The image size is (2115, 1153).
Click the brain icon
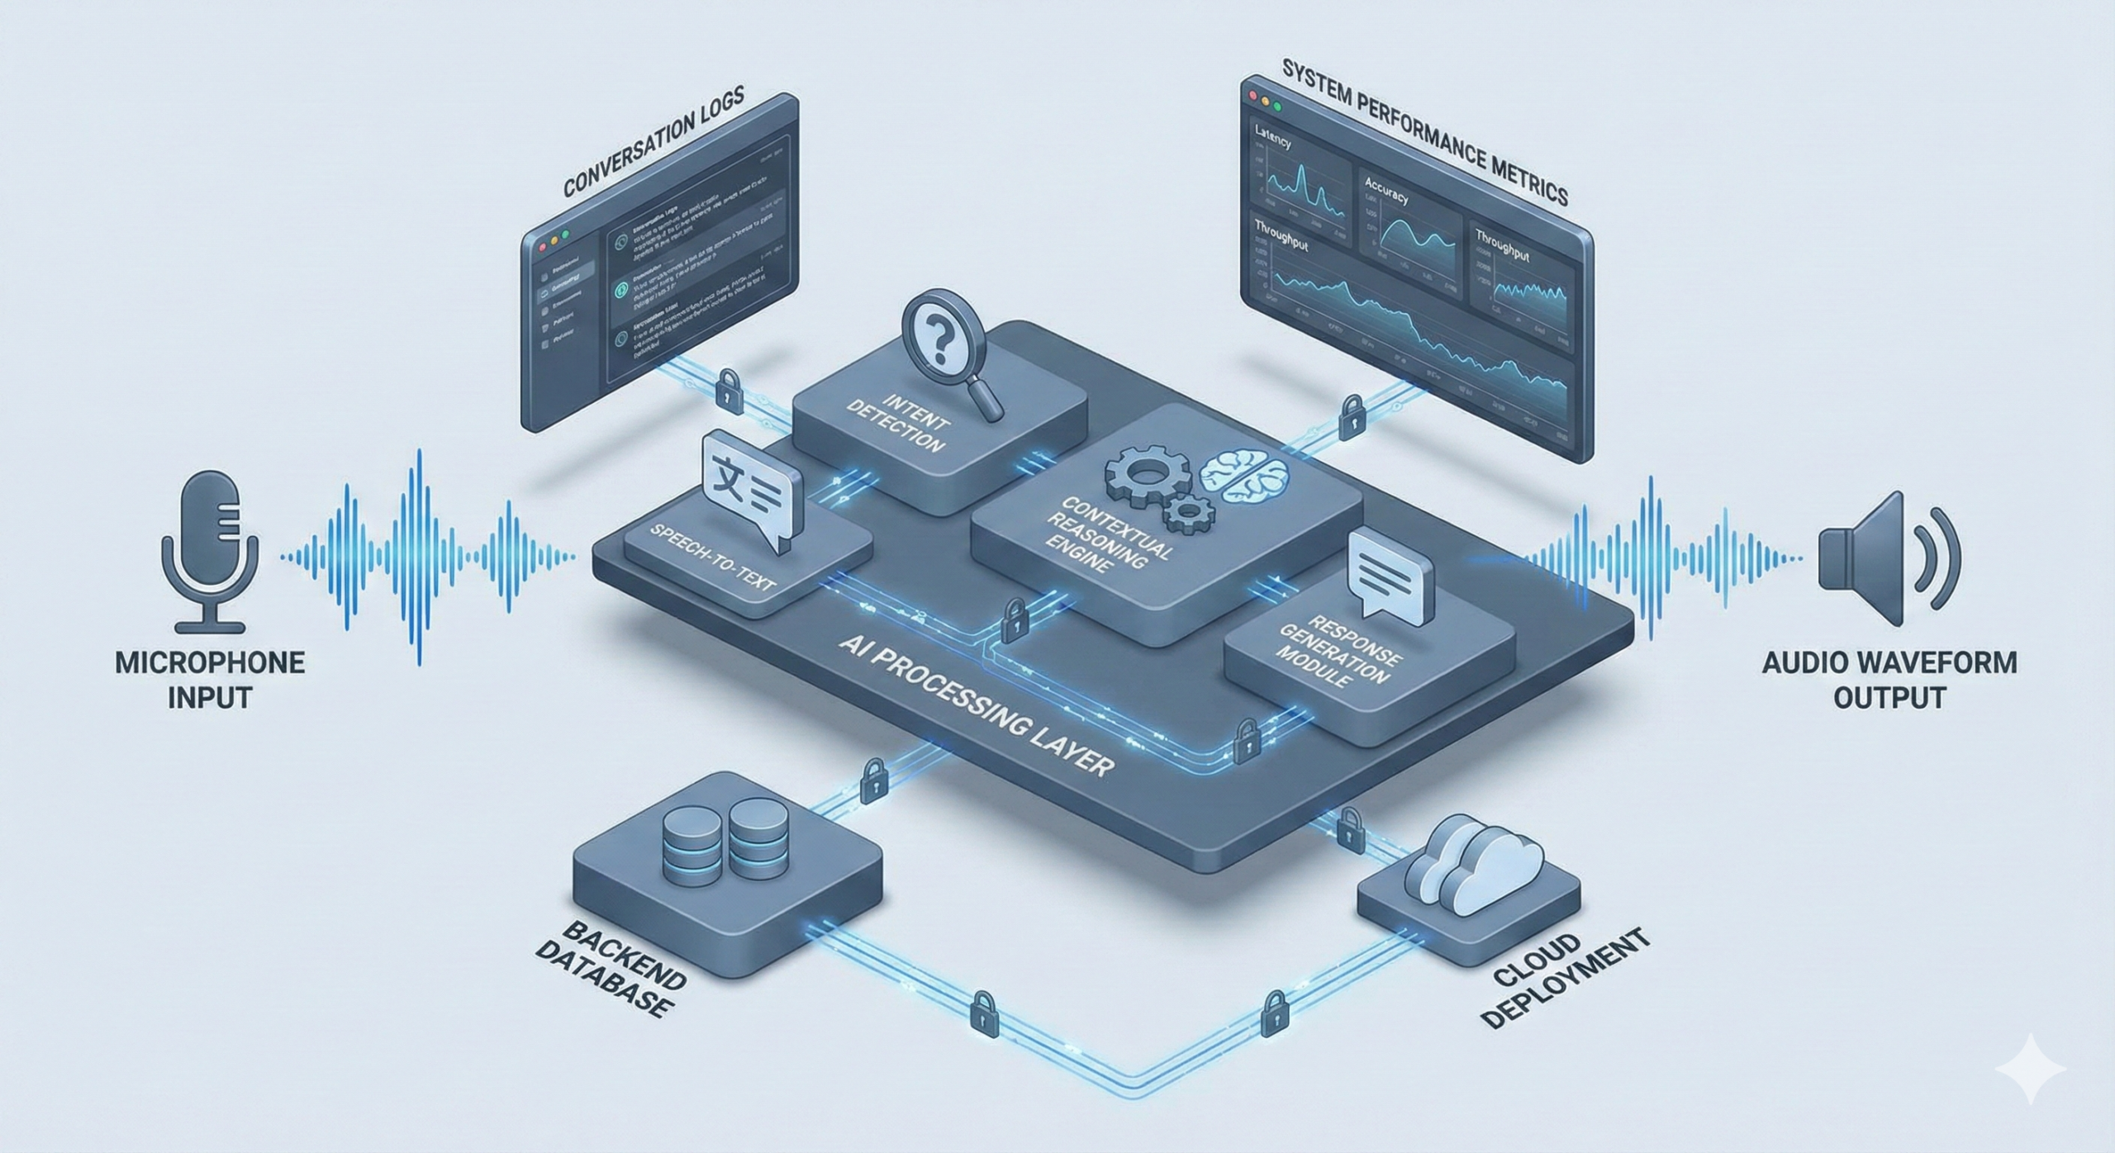pos(1243,479)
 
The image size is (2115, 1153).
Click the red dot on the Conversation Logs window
pos(543,246)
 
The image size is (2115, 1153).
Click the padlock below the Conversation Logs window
pos(728,388)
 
